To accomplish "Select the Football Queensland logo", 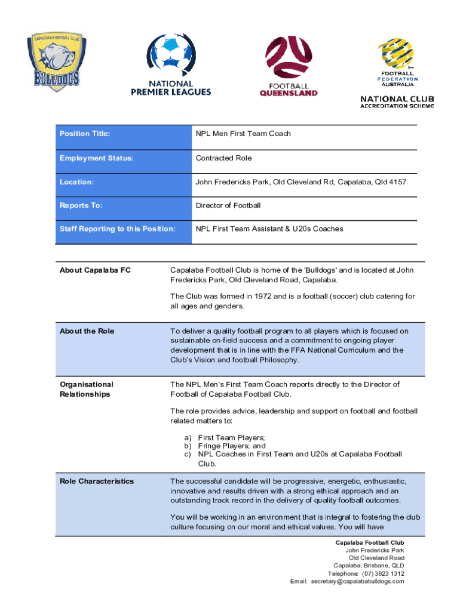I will tap(289, 66).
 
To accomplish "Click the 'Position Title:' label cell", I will tap(85, 134).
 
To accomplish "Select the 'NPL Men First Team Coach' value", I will tap(243, 134).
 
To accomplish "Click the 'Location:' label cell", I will tap(77, 181).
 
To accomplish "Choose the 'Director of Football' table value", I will tap(228, 205).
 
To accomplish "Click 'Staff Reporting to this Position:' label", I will tap(118, 229).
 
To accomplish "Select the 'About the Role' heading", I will tap(87, 331).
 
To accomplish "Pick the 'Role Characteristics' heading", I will tap(97, 481).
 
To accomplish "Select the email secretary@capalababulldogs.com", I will tap(357, 581).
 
